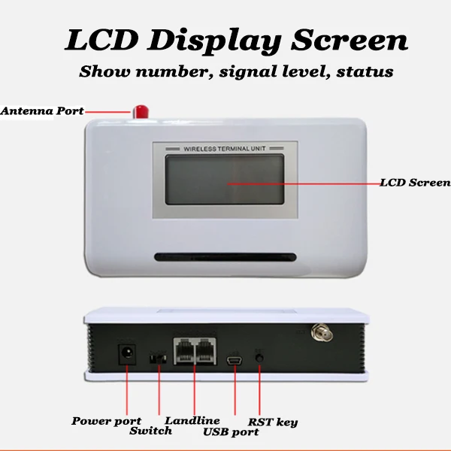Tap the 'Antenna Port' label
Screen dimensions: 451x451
(x=42, y=111)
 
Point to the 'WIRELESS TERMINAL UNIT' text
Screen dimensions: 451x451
(x=226, y=150)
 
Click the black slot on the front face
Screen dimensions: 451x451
(x=226, y=257)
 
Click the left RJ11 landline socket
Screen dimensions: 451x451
(x=184, y=351)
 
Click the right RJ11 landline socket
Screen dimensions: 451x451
(x=205, y=351)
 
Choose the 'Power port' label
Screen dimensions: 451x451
(x=106, y=421)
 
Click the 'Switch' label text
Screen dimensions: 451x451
(x=150, y=431)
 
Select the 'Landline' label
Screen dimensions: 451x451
(x=192, y=421)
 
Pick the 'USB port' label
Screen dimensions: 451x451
(x=231, y=432)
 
